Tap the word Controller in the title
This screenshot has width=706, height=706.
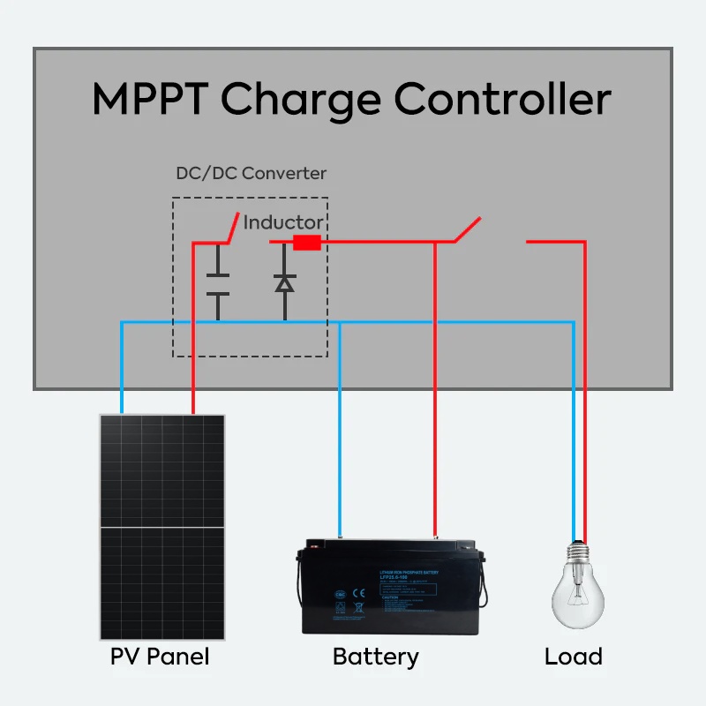(x=502, y=99)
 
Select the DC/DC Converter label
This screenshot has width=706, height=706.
(x=251, y=173)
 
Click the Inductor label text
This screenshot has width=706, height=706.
(x=282, y=222)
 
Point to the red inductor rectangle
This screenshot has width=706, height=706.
(x=306, y=242)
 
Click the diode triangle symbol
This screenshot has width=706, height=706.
(x=284, y=283)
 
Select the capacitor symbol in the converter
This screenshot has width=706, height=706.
(x=218, y=284)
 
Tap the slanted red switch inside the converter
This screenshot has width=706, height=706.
(x=232, y=227)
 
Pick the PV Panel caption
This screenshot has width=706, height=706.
(x=161, y=657)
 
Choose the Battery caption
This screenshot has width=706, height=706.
(x=376, y=657)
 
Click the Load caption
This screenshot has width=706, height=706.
(x=574, y=657)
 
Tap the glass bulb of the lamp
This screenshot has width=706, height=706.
(x=578, y=597)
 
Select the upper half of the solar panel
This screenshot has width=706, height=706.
(x=161, y=470)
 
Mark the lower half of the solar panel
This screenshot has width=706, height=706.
(x=161, y=582)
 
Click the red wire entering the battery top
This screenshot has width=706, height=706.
(x=434, y=521)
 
